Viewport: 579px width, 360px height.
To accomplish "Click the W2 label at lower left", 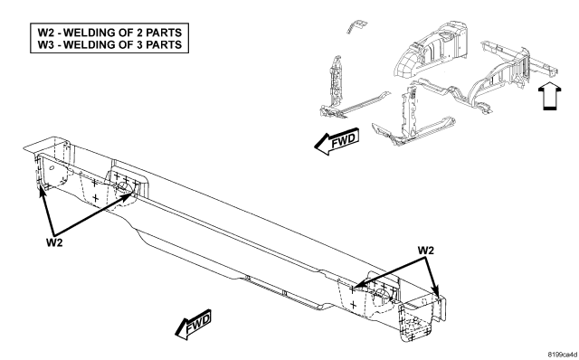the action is tap(54, 242).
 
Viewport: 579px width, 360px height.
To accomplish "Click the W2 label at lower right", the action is tap(426, 251).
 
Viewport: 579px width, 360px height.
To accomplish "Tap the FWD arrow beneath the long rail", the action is tap(193, 324).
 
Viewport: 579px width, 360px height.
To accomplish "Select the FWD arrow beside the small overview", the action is tap(337, 141).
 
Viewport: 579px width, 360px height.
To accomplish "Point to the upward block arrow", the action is tap(550, 96).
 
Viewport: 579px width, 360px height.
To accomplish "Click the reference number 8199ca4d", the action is tap(562, 355).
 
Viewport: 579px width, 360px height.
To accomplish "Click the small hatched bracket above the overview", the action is tap(356, 26).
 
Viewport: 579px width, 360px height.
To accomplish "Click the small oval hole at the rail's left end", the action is tap(52, 168).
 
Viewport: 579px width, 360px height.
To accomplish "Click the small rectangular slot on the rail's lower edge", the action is tap(285, 294).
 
